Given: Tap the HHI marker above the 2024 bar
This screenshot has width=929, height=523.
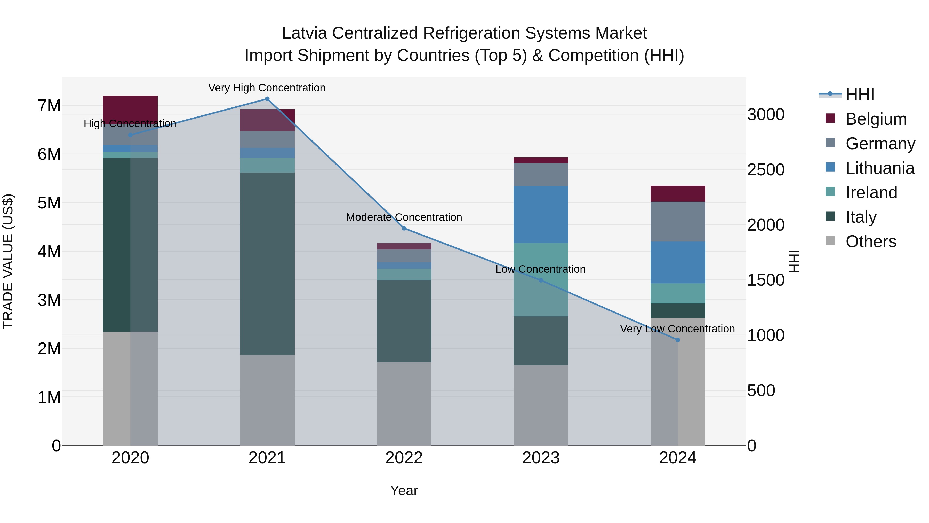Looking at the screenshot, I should tap(677, 340).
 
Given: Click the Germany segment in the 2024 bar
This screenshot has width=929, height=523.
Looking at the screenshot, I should tap(677, 221).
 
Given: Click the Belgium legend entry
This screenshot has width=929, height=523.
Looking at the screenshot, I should tap(876, 119).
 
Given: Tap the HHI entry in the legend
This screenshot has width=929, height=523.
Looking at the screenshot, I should tap(860, 95).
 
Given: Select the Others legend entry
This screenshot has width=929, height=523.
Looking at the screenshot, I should tap(871, 241).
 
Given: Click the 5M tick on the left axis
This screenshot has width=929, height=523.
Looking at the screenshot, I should tap(49, 203).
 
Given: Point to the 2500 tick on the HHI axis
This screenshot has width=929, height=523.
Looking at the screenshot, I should tap(765, 170).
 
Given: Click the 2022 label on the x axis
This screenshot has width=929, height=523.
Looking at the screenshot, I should tap(404, 458).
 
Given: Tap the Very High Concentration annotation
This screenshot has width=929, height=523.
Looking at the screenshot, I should tap(267, 88).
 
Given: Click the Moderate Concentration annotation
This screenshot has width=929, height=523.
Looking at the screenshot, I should tap(404, 217).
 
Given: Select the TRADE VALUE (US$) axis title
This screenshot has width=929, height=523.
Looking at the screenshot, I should tap(8, 261).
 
